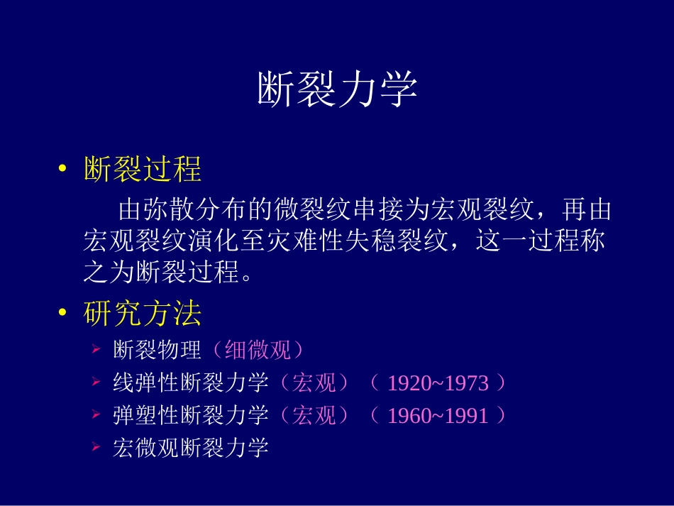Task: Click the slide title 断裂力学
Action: click(336, 90)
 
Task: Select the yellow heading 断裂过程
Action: click(143, 170)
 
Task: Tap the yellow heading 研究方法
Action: click(143, 314)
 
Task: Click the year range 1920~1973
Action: click(438, 384)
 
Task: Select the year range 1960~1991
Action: click(438, 416)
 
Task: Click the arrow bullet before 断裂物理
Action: click(96, 351)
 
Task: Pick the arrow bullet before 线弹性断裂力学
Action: click(96, 383)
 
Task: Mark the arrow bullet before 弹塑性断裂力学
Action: click(96, 415)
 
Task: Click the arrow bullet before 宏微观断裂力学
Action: click(96, 448)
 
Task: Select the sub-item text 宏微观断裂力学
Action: click(191, 448)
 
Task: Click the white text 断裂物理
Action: click(158, 351)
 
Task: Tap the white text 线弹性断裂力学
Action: click(191, 383)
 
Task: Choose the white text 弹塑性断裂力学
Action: click(191, 415)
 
